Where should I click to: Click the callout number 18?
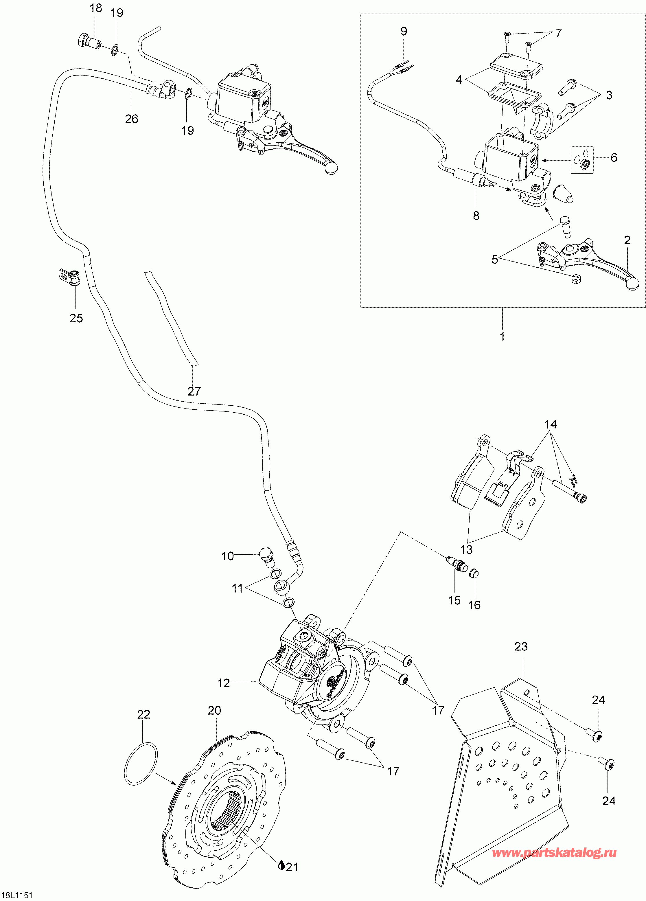(x=96, y=8)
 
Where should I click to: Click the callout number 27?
(x=194, y=391)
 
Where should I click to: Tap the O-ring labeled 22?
(x=141, y=763)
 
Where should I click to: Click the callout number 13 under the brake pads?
(x=466, y=549)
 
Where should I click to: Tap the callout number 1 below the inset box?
(x=502, y=337)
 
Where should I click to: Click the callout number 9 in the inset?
(x=404, y=31)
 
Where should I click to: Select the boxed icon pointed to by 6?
(x=582, y=160)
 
